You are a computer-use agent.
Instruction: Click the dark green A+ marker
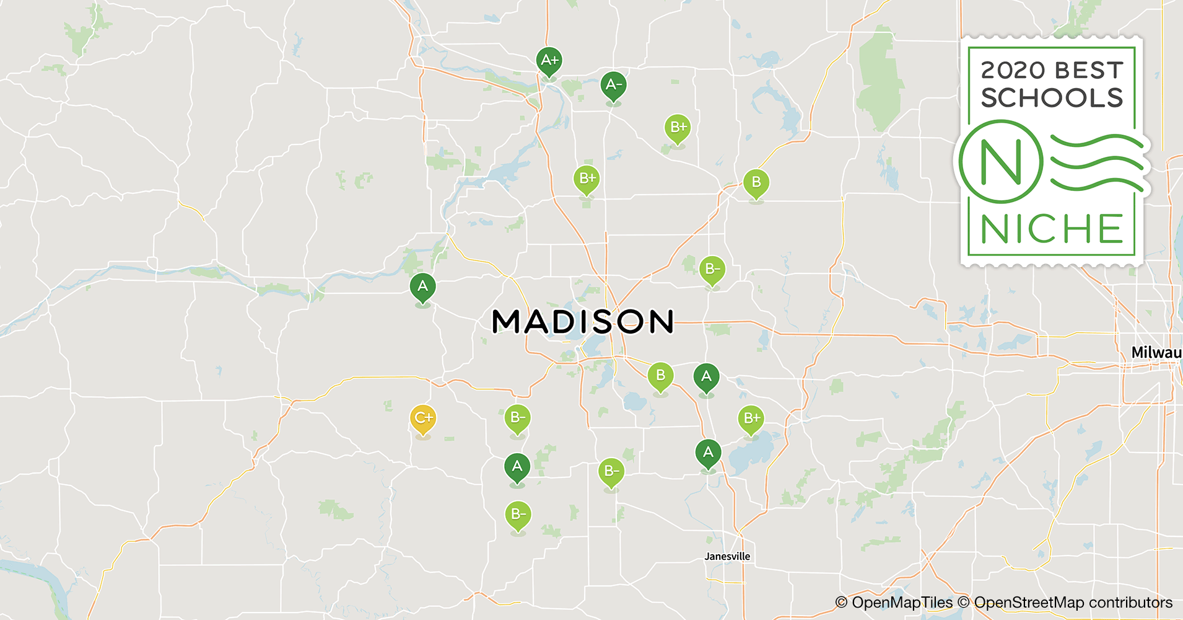pos(549,61)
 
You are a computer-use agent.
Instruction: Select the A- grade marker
pos(613,85)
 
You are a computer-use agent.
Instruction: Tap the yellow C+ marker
pos(423,418)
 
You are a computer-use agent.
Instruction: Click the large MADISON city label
pos(582,322)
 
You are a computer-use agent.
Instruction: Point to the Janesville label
pos(727,556)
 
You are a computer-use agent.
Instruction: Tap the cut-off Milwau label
pos(1156,353)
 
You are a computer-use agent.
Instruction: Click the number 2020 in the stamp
pos(1013,70)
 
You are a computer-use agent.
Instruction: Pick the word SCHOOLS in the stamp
pos(1052,98)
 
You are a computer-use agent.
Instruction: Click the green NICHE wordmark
pos(1052,229)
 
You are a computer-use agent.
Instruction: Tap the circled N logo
pos(1000,162)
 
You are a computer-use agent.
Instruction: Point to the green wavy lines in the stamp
pos(1096,162)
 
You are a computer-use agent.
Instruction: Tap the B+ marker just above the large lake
pos(751,419)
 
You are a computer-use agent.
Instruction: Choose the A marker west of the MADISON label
pos(422,287)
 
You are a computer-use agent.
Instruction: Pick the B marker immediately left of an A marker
pos(660,376)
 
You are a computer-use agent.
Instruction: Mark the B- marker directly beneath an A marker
pos(518,515)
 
